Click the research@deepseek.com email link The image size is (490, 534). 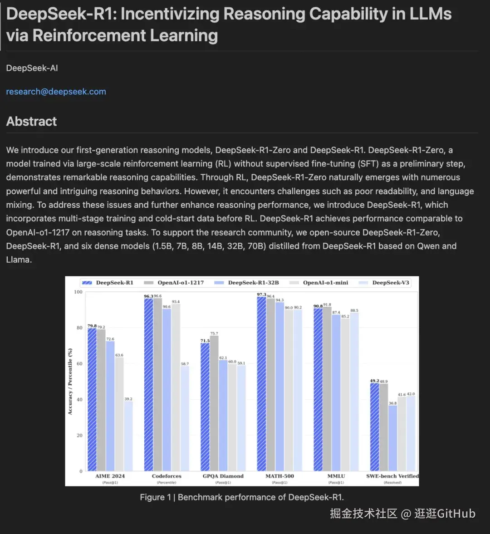point(56,92)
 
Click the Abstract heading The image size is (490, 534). point(31,122)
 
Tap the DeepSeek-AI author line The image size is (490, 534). point(32,68)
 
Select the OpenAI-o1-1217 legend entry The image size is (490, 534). point(180,283)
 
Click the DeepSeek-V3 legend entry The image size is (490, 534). point(390,283)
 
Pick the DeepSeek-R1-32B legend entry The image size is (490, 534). point(253,283)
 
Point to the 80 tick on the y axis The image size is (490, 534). point(79,328)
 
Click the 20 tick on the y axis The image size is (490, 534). point(79,436)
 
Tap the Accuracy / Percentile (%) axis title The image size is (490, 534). point(70,381)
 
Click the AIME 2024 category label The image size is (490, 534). point(110,476)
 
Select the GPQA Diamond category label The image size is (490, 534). point(223,476)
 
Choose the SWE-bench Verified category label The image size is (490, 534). point(392,476)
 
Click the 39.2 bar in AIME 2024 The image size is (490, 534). point(128,436)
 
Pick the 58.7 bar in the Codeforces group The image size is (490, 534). point(185,417)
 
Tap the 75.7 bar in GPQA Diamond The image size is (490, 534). point(214,404)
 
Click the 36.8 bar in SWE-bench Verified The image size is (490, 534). point(392,438)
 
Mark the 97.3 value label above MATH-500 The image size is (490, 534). point(261,295)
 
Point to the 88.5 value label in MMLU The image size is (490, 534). point(354,311)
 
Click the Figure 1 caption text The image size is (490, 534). point(241,497)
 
